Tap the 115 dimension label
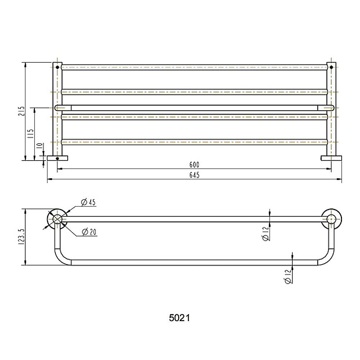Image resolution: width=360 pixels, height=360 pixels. tap(31, 134)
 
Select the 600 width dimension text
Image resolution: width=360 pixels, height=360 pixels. tap(194, 165)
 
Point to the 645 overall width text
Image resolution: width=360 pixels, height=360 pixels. tap(194, 175)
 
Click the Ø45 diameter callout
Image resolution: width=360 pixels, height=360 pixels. tap(88, 202)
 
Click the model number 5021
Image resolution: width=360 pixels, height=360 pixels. tap(180, 318)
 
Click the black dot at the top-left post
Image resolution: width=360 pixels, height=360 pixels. tap(57, 67)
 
